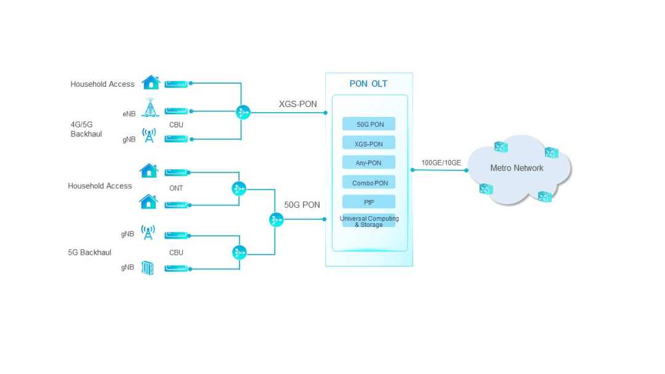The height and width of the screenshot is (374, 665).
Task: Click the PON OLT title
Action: coord(368,84)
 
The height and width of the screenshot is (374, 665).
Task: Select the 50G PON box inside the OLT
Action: coord(369,124)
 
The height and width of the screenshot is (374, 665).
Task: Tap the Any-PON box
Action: coord(369,163)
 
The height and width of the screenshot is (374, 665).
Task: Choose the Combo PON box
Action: coord(369,183)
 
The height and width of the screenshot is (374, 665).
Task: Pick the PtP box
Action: coord(369,202)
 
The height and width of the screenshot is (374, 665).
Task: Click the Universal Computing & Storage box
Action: coord(369,221)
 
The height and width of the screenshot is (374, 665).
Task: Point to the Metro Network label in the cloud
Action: coord(517,168)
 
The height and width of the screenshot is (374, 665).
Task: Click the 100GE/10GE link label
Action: coord(441,163)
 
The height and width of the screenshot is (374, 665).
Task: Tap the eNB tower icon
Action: coord(149,108)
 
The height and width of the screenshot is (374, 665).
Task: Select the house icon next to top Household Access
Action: coord(151,82)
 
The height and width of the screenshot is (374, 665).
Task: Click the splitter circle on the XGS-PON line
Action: coord(243,112)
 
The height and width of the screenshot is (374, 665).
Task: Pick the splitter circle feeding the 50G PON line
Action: coord(276,220)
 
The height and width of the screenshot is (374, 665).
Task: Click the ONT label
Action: coord(176,188)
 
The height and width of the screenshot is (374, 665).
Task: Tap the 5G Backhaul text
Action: coord(90,252)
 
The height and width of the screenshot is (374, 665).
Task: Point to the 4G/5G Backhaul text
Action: coord(86,129)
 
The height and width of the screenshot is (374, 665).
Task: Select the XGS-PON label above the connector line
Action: coord(297,104)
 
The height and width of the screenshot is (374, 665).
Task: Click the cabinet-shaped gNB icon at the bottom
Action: coord(148,268)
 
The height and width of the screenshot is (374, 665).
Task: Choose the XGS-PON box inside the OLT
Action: coord(369,144)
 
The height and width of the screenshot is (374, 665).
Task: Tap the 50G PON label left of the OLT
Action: coord(302,205)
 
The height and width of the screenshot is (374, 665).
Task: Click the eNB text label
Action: coord(129,114)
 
